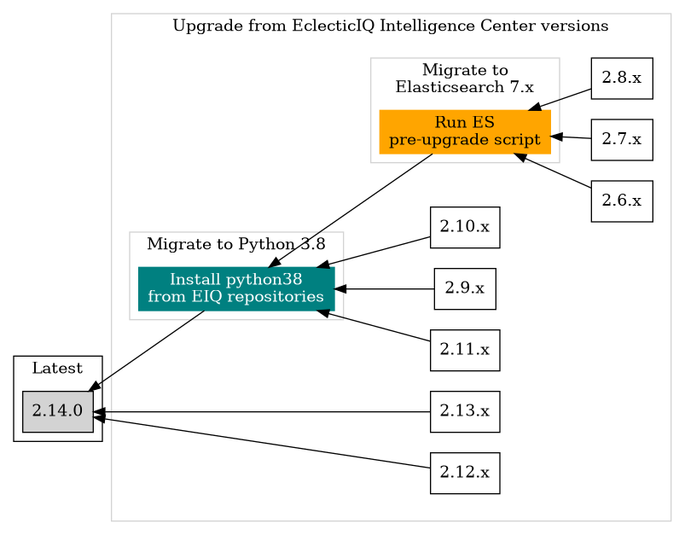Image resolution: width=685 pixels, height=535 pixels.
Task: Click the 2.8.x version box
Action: pos(621,78)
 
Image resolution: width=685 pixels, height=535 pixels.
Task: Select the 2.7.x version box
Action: pos(621,139)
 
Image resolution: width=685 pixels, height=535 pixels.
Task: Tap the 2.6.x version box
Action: pos(621,201)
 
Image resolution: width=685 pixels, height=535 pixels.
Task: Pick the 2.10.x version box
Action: pos(464,227)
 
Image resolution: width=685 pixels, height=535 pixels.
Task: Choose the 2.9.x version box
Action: pos(464,288)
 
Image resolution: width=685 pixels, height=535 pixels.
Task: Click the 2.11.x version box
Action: pos(464,350)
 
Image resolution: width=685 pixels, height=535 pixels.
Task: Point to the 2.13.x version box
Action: pos(464,411)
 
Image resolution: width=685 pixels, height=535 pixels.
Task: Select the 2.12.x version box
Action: pos(464,473)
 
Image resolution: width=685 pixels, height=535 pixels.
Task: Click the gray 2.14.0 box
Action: pos(57,411)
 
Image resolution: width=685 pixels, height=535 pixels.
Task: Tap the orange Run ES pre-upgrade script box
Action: pos(464,131)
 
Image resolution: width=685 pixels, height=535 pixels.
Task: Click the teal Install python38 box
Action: pos(235,288)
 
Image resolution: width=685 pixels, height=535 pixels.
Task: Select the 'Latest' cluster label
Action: pos(57,369)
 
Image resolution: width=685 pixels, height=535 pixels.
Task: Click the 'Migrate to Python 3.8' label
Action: pos(235,245)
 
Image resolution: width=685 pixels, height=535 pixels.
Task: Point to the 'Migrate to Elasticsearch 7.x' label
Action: pos(464,78)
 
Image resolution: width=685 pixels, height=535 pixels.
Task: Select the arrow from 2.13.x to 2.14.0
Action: pos(256,412)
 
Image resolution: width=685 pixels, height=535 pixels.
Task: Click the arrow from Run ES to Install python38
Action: pos(350,212)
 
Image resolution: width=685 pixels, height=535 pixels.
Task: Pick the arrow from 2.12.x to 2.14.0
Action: pos(256,441)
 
